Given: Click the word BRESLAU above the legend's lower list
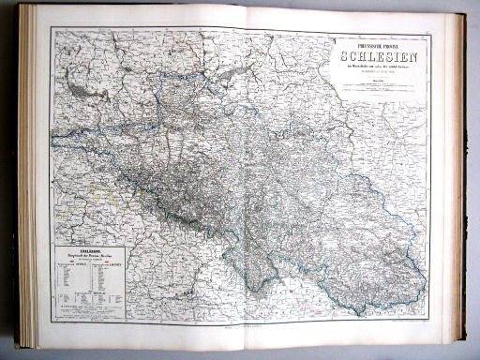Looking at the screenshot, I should [x=101, y=292].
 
